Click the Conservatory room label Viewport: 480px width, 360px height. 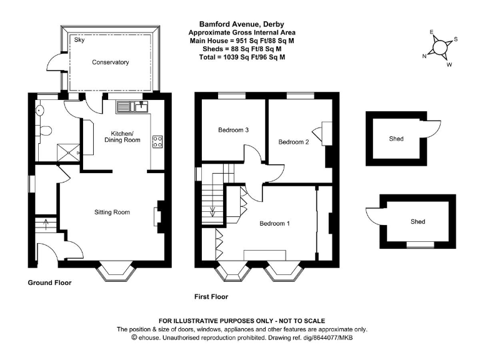tap(110, 62)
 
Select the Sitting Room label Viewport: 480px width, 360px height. tap(112, 212)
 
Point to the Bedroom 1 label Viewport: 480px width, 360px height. tap(275, 223)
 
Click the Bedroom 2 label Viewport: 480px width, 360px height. tap(293, 142)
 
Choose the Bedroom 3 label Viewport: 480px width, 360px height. tap(234, 131)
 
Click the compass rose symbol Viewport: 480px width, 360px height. tap(440, 47)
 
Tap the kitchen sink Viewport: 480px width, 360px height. tap(131, 107)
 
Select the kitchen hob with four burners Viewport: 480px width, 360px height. tap(157, 142)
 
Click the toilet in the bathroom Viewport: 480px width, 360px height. tap(46, 131)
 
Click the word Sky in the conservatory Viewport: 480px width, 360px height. tap(79, 40)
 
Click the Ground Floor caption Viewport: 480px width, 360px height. tap(49, 283)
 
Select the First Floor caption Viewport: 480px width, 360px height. tap(211, 297)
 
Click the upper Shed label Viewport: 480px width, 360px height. tap(396, 139)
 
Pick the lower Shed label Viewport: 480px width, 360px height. tap(417, 221)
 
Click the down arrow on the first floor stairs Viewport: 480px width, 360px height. tap(213, 211)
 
